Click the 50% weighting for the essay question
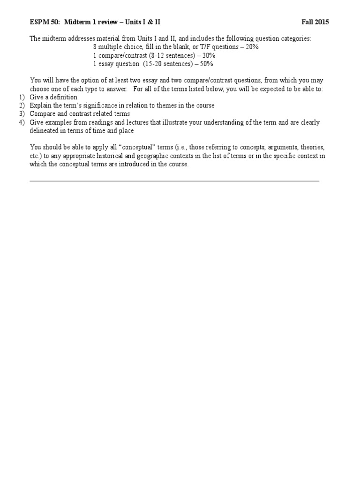[x=206, y=64]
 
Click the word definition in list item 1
[x=63, y=97]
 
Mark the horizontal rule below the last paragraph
[x=174, y=180]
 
